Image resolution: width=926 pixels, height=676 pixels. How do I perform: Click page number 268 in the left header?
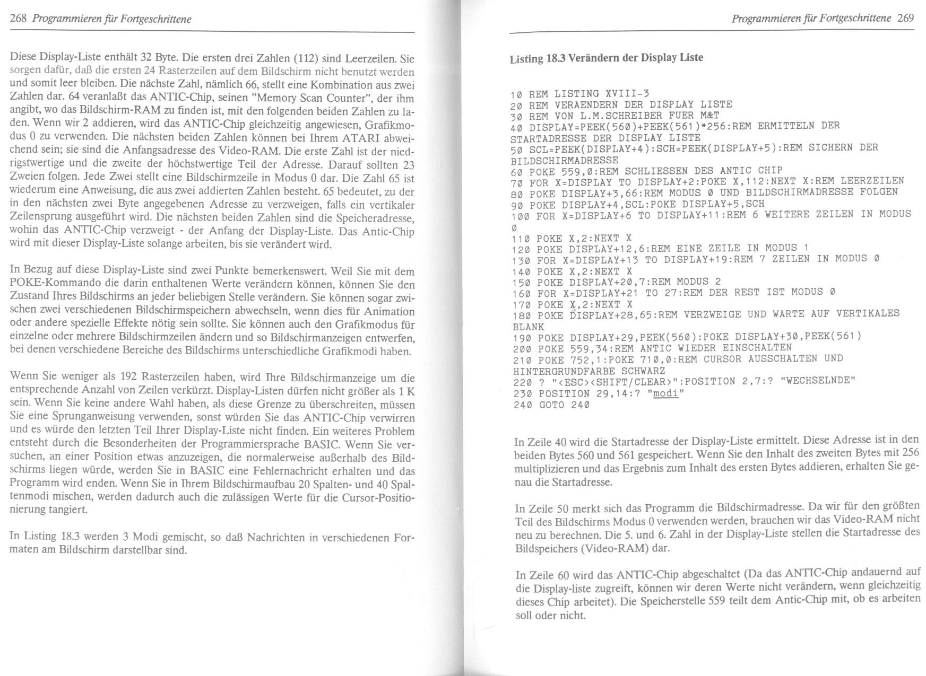click(x=19, y=20)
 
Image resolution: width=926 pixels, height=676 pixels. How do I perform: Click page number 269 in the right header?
click(x=905, y=19)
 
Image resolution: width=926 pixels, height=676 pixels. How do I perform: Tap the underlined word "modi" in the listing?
click(x=665, y=393)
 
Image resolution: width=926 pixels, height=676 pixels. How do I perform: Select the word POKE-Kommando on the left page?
click(x=51, y=283)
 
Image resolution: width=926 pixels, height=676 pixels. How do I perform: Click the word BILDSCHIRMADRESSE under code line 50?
click(x=565, y=160)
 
